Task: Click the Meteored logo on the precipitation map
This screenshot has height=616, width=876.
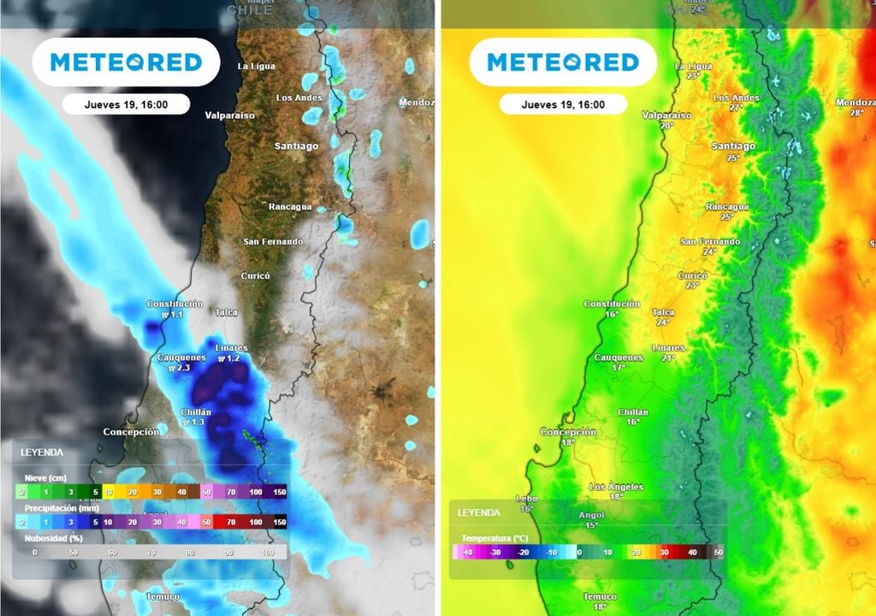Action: [126, 62]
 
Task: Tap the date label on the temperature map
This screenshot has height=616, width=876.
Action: [563, 104]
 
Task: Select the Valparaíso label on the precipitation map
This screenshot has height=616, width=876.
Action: [230, 115]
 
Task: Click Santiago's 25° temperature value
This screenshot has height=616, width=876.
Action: [732, 157]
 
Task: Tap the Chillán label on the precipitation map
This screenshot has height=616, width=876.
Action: [196, 412]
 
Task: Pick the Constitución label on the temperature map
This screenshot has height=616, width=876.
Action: [611, 304]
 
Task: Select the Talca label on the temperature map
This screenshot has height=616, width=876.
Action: [663, 312]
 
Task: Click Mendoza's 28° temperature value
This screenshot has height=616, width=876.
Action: [856, 113]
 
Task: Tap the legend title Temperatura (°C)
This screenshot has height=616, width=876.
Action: [494, 538]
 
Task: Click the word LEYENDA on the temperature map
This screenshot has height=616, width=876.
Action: [479, 512]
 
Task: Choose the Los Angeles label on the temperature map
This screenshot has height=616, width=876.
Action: [616, 487]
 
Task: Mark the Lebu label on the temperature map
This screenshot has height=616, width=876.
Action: [525, 499]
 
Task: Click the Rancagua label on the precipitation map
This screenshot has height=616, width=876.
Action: [291, 207]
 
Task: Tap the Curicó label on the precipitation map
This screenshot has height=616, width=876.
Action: [256, 275]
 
